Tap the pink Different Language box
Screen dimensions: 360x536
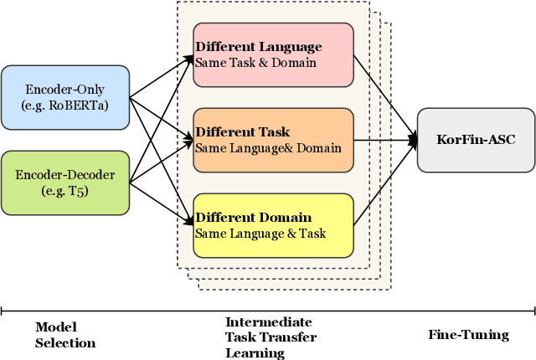pyautogui.click(x=273, y=54)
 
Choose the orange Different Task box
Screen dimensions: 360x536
pyautogui.click(x=273, y=140)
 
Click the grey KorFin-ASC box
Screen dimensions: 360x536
pyautogui.click(x=475, y=140)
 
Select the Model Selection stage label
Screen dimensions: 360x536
pyautogui.click(x=65, y=335)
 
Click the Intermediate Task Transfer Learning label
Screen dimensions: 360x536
pyautogui.click(x=269, y=337)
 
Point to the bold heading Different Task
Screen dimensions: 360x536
pyautogui.click(x=242, y=132)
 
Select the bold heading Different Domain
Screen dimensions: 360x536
pyautogui.click(x=253, y=218)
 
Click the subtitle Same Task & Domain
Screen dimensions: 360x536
pyautogui.click(x=255, y=62)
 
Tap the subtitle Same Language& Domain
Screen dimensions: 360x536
pyautogui.click(x=268, y=148)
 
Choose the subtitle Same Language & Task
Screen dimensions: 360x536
pyautogui.click(x=260, y=233)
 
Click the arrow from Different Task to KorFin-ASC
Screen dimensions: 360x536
pyautogui.click(x=385, y=140)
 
